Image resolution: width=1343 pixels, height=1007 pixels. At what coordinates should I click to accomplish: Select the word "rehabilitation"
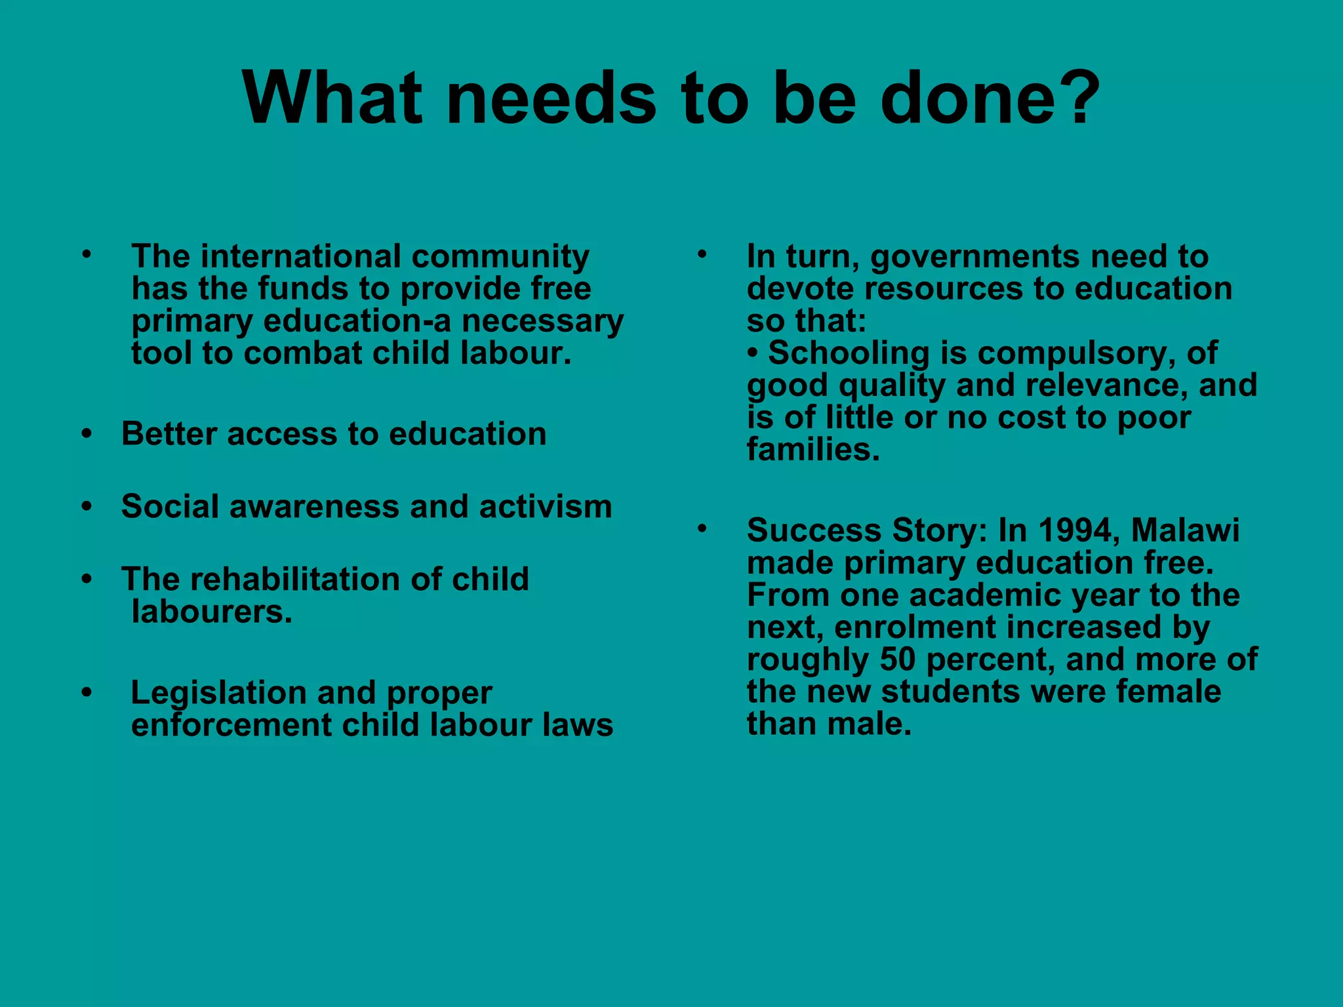coord(294,579)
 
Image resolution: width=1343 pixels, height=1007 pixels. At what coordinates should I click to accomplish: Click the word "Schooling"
coord(849,353)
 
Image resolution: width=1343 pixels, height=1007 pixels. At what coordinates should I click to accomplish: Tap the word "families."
coord(813,450)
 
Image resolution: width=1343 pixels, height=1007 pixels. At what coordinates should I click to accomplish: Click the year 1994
coord(1075,530)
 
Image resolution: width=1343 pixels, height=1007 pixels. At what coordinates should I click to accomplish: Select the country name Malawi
coord(1186,530)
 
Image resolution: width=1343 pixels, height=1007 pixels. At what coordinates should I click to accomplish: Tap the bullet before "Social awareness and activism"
coord(87,507)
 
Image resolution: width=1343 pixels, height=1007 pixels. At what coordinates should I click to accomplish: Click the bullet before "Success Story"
coord(701,528)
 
